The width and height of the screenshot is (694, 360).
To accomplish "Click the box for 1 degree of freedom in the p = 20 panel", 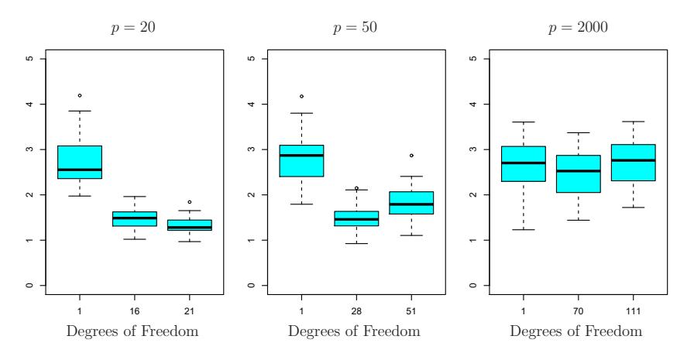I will [80, 162].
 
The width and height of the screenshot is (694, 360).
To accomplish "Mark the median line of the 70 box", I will [578, 171].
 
